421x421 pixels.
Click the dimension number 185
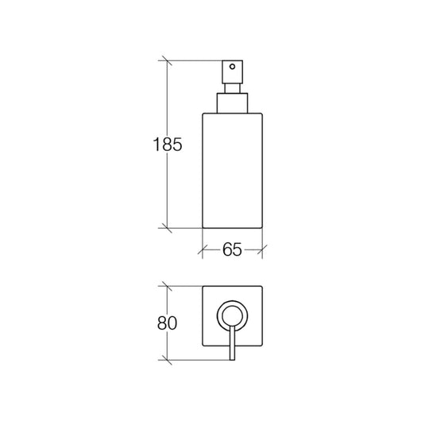[x=168, y=145]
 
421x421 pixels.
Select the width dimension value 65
[x=232, y=250]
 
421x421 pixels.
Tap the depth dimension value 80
[x=166, y=324]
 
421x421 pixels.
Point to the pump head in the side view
[x=232, y=70]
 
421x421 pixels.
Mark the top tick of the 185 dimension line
[x=167, y=61]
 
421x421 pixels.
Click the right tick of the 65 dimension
[x=263, y=249]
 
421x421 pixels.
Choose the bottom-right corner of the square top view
[x=264, y=346]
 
